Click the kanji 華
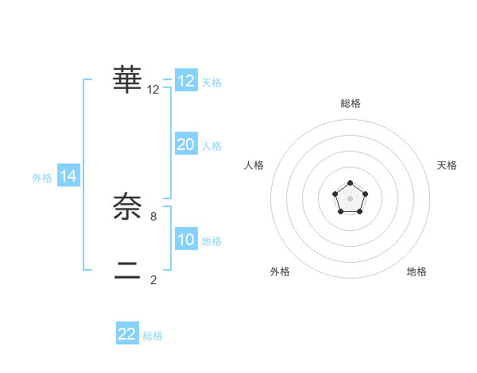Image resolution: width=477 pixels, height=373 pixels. point(128,79)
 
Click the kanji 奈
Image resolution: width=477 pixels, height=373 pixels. point(128,207)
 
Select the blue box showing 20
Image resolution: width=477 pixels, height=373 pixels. point(186,144)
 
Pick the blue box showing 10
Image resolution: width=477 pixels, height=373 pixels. point(186,240)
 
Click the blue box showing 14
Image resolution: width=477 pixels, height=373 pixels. point(68,177)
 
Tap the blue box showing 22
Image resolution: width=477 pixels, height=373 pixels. point(127,334)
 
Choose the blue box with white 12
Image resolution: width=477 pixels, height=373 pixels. point(186,81)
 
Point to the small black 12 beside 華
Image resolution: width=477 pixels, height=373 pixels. point(153,90)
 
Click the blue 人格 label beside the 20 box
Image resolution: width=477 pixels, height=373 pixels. point(211,146)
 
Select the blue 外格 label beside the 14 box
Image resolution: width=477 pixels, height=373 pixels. point(42,178)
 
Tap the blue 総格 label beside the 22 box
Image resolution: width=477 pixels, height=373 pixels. point(153,336)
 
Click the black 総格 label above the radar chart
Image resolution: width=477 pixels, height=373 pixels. point(350,103)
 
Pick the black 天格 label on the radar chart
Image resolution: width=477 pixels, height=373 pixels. point(447,165)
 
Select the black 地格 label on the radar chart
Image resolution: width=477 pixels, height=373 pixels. point(417,271)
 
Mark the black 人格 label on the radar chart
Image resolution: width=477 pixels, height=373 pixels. point(254,165)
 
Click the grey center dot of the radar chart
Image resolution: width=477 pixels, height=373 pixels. point(350,198)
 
